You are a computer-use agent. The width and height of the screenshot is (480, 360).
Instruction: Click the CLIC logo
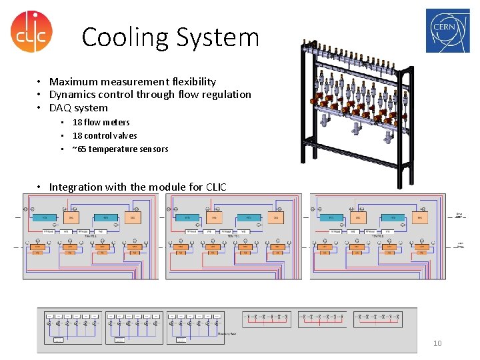click(31, 31)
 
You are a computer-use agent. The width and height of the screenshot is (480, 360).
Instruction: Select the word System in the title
click(217, 37)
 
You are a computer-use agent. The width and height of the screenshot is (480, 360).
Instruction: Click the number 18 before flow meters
click(77, 123)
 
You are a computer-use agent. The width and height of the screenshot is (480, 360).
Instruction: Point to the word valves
click(125, 136)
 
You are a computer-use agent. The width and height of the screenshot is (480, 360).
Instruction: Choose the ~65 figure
click(79, 149)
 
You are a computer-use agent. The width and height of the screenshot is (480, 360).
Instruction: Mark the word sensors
click(155, 149)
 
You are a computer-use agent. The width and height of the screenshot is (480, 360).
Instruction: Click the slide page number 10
click(437, 343)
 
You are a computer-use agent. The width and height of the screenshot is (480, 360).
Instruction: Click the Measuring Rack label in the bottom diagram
click(227, 333)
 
